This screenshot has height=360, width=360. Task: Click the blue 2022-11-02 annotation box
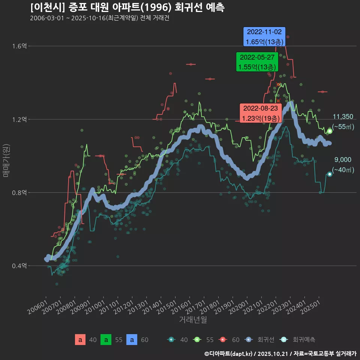[x=265, y=36]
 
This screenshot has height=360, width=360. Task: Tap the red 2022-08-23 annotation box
[x=261, y=113]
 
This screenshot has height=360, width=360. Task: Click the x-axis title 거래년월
[x=193, y=320]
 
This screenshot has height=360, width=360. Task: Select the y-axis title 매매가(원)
[x=6, y=160]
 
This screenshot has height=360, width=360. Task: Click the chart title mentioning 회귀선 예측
[x=127, y=7]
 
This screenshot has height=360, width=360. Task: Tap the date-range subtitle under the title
[x=99, y=18]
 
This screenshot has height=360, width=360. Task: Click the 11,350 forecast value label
[x=343, y=117]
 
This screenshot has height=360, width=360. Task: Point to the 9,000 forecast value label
[x=343, y=160]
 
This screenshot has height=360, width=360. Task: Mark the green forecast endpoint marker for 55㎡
[x=330, y=131]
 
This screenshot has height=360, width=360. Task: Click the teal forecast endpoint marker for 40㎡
[x=330, y=174]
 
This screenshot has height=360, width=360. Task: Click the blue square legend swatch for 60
[x=132, y=340]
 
